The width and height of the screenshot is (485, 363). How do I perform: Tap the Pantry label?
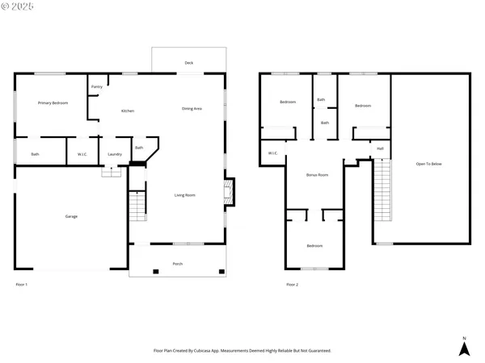(x=96, y=87)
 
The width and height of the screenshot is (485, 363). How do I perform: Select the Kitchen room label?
(x=128, y=111)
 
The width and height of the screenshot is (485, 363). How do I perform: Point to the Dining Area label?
(x=192, y=108)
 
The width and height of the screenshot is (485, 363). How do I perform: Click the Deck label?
(x=188, y=62)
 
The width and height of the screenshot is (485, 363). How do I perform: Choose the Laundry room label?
(x=115, y=154)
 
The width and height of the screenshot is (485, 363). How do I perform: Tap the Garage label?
(x=71, y=216)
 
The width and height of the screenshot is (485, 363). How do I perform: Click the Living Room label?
(x=185, y=194)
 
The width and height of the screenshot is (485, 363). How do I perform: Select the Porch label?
(x=177, y=264)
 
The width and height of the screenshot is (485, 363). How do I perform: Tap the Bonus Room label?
(x=317, y=174)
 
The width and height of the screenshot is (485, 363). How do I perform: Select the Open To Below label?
(x=428, y=164)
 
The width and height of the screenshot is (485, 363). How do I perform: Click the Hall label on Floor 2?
(x=380, y=148)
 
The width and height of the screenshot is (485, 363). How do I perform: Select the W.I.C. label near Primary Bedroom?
(x=82, y=154)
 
